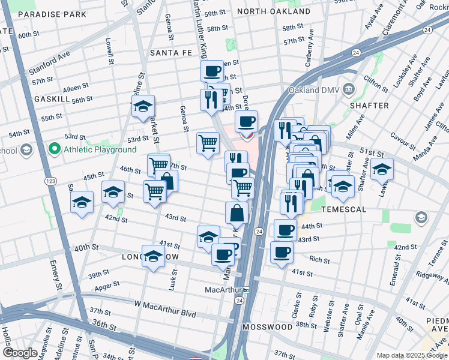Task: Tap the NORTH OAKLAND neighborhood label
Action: [274, 11]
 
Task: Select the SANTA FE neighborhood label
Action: [170, 53]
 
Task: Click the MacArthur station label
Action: [223, 290]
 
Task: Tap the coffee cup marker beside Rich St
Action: [282, 253]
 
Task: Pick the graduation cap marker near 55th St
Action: [143, 107]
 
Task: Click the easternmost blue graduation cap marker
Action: [382, 170]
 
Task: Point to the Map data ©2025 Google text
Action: [411, 355]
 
